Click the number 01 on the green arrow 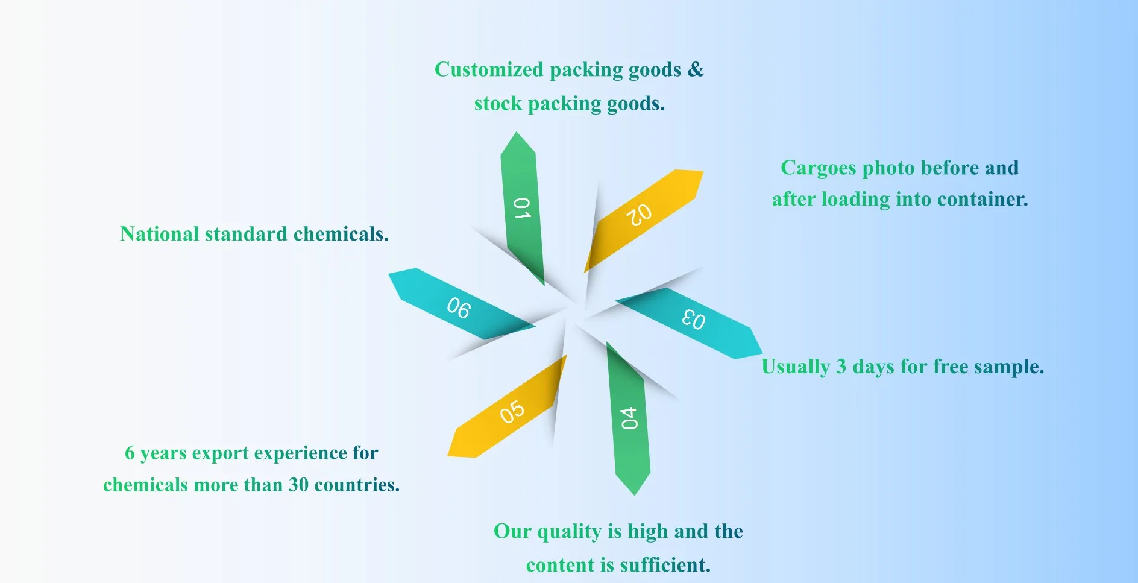522,208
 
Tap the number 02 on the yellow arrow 639,215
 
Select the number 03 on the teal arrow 693,319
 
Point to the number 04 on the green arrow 629,418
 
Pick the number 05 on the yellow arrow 512,412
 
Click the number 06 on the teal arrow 459,307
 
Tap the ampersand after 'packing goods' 696,69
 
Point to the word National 159,234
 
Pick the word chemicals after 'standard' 341,234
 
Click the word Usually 796,367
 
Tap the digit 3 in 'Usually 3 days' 841,367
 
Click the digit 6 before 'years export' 130,453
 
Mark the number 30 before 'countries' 298,485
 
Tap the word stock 498,104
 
